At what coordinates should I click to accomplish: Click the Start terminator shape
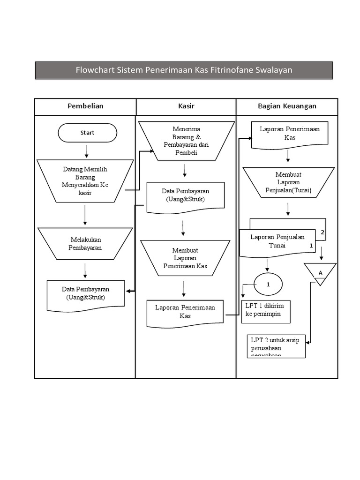click(87, 133)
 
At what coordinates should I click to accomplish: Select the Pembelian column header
click(85, 106)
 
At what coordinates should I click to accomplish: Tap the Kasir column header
click(186, 106)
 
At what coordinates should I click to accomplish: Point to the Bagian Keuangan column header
click(287, 106)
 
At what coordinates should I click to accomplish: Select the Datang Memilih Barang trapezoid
click(85, 181)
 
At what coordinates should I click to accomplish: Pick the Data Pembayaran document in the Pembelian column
click(85, 294)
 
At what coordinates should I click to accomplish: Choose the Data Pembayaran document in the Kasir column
click(185, 196)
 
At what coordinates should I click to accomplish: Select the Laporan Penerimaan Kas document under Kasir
click(185, 312)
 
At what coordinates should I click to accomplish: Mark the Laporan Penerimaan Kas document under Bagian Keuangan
click(290, 134)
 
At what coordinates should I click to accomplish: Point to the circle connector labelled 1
click(268, 285)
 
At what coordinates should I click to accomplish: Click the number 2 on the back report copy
click(322, 232)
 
